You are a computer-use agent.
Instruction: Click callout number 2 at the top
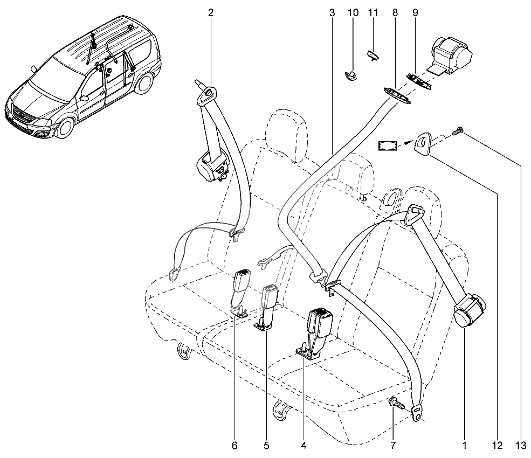211,13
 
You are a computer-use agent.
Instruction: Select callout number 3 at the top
332,13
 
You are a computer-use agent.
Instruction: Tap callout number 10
353,13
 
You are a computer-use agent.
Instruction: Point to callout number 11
373,13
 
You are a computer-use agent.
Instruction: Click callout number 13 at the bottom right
521,446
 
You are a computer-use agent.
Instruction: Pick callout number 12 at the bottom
498,446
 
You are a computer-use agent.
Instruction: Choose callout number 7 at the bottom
393,446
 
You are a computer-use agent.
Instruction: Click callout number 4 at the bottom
304,446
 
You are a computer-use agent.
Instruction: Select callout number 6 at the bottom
235,446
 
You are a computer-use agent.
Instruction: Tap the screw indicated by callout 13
458,130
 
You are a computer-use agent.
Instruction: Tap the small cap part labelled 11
373,54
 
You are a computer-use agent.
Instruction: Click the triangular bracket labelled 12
422,143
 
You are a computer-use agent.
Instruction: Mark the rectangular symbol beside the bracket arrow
388,146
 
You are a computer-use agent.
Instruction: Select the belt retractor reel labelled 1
470,309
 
